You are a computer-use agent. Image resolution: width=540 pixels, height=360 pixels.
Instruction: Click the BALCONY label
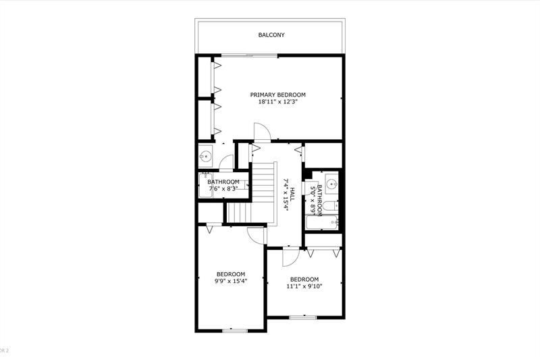coord(272,35)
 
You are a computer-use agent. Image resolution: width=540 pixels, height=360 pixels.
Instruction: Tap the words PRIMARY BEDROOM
coord(278,95)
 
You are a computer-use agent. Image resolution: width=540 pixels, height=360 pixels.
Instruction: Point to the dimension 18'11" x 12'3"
coord(278,102)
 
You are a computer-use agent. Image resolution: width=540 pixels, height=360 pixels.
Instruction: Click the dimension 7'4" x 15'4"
coord(286,195)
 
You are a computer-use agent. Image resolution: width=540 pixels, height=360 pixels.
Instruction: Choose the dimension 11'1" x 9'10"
coord(304,286)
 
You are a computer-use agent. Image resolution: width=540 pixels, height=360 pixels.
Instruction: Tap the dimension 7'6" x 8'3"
coord(223,188)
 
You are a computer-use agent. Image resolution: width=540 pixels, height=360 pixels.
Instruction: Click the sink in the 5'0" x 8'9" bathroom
coord(330,184)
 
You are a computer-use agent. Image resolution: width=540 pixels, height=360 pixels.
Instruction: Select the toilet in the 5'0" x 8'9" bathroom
coord(330,207)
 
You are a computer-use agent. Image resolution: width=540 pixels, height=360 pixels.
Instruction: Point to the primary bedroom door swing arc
coord(261,131)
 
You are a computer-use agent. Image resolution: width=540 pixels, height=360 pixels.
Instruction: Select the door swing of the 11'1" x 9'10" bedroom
coord(289,256)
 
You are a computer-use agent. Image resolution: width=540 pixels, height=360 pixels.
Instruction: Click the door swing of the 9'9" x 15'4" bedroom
coord(256,234)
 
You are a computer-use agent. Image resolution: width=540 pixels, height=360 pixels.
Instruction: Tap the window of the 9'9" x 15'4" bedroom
coord(235,330)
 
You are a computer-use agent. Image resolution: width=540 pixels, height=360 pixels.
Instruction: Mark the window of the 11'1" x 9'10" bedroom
coord(302,316)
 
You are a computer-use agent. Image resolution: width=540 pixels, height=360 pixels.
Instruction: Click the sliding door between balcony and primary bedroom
coord(251,55)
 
